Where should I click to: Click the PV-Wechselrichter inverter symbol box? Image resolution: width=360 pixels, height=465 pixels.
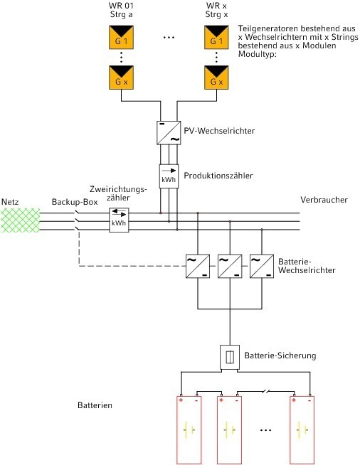[x=169, y=133]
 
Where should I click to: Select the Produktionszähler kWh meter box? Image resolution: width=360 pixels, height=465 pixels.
[x=169, y=176]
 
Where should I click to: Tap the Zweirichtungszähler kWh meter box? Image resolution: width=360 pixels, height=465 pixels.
[x=119, y=220]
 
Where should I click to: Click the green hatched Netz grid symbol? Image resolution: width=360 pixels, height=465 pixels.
[x=20, y=220]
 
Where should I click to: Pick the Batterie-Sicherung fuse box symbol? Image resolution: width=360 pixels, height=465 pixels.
[x=230, y=357]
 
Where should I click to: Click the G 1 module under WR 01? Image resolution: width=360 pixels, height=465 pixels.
[x=121, y=37]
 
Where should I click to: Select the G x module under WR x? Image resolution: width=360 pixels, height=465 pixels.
[x=216, y=77]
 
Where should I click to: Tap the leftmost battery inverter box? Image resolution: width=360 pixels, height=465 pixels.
[x=198, y=266]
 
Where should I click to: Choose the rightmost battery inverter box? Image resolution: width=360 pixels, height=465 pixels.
[x=262, y=266]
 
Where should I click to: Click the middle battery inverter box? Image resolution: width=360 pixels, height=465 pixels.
[x=230, y=266]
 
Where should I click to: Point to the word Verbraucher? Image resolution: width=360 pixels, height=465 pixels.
[x=324, y=200]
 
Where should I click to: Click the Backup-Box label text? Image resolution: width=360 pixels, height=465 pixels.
[x=75, y=202]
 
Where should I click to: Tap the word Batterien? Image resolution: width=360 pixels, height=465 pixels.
[x=95, y=405]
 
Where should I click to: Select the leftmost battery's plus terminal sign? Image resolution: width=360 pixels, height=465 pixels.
[x=181, y=400]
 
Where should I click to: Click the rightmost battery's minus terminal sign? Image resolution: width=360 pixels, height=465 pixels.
[x=309, y=401]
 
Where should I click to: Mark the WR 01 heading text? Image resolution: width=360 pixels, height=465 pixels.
[x=121, y=6]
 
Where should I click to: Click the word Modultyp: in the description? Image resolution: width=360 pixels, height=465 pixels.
[x=258, y=55]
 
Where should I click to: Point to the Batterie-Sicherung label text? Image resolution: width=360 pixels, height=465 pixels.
[x=280, y=356]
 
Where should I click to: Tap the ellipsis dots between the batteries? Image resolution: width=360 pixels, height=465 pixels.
[x=265, y=430]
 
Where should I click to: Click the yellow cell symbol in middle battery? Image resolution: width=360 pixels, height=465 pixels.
[x=229, y=429]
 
